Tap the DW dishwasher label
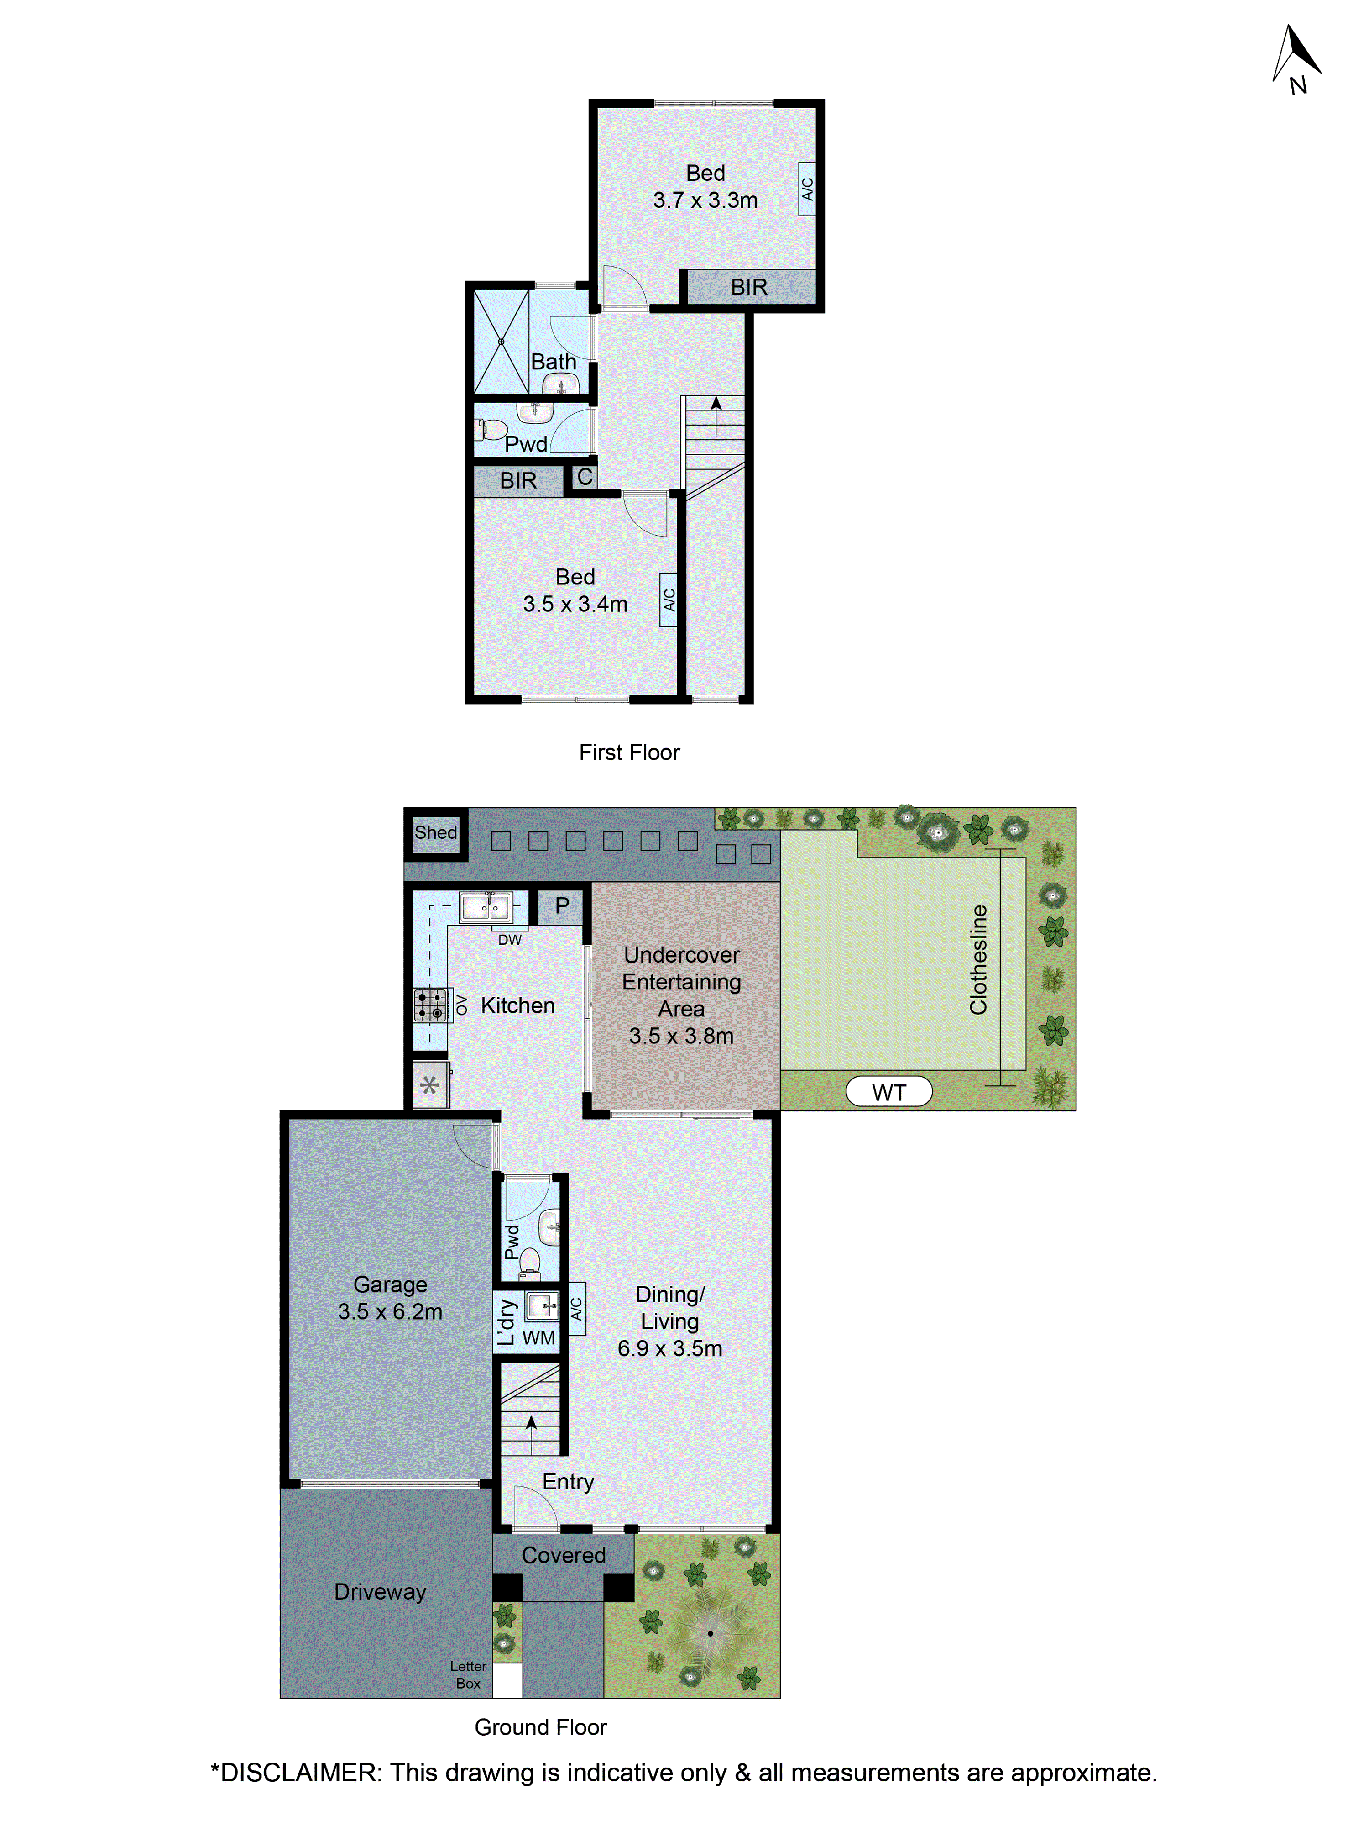[509, 939]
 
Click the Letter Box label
[468, 1674]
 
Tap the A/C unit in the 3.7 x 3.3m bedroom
[807, 189]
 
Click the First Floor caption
[629, 752]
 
